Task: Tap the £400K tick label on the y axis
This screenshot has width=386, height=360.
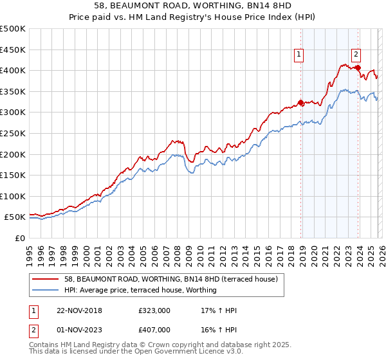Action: [13, 70]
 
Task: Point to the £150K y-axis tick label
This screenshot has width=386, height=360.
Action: [13, 175]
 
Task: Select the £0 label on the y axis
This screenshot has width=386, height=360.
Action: [21, 238]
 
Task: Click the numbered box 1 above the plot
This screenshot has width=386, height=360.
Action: [300, 56]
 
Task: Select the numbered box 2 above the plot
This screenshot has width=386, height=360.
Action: [356, 56]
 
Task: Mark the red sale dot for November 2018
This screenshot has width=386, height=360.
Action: [300, 102]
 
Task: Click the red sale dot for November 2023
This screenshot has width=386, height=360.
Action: [357, 67]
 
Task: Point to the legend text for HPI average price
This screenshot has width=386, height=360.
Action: [140, 290]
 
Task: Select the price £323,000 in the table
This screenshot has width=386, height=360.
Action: [154, 310]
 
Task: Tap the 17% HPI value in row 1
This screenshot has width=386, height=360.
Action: [219, 310]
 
